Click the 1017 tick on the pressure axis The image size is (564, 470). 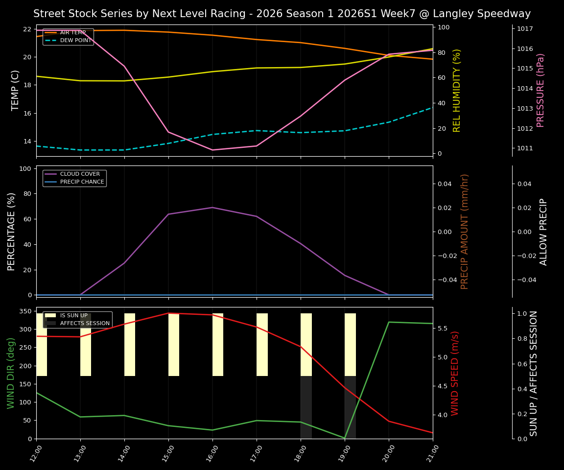pyautogui.click(x=525, y=28)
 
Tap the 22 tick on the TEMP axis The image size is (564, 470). pyautogui.click(x=27, y=29)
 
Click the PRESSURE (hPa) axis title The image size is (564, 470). pyautogui.click(x=540, y=90)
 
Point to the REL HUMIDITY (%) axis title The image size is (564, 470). pyautogui.click(x=457, y=90)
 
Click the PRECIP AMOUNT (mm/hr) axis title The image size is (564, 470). pyautogui.click(x=465, y=232)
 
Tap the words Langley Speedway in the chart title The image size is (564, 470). pyautogui.click(x=482, y=14)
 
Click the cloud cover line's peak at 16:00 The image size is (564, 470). pyautogui.click(x=212, y=208)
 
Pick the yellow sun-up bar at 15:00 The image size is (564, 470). pyautogui.click(x=174, y=345)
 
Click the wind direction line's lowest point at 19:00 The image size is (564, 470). pyautogui.click(x=345, y=438)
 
